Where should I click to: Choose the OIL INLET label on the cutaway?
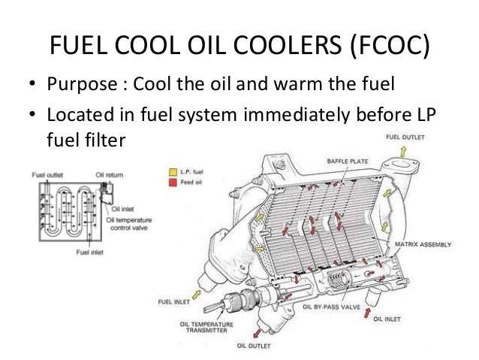tap(391, 319)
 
